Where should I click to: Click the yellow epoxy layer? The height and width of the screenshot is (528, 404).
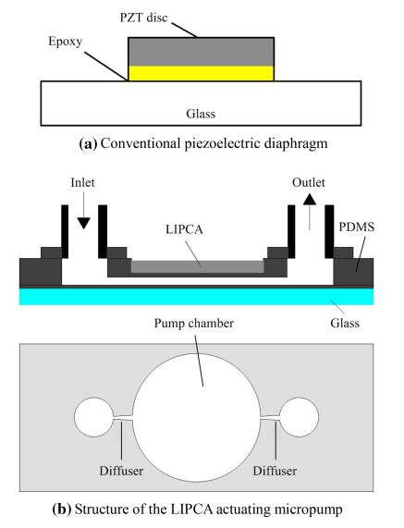[202, 73]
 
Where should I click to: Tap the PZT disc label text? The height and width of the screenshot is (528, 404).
[143, 18]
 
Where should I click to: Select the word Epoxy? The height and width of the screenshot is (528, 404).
[66, 42]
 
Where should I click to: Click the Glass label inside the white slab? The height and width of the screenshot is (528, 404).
[201, 114]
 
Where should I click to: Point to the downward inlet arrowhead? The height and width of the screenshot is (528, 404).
[83, 223]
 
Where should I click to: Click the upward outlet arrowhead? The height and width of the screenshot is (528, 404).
[310, 199]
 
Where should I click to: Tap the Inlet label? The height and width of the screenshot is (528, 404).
[83, 182]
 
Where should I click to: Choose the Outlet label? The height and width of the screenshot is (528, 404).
[309, 182]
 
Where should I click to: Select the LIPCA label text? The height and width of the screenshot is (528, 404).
[185, 229]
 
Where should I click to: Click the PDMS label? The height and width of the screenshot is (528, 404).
[357, 227]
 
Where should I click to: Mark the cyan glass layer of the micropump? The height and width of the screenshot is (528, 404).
[196, 296]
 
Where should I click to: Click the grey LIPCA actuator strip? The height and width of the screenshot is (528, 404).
[197, 266]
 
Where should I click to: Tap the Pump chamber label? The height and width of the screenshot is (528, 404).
[194, 324]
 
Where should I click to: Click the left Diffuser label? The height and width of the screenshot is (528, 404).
[121, 471]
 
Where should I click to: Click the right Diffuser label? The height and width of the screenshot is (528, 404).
[275, 471]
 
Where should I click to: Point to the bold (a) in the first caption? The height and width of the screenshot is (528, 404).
[88, 143]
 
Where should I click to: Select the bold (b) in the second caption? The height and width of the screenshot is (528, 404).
[62, 509]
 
